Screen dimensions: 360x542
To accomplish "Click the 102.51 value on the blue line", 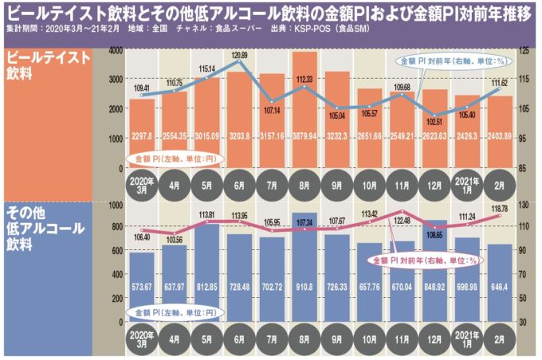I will (435, 121).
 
